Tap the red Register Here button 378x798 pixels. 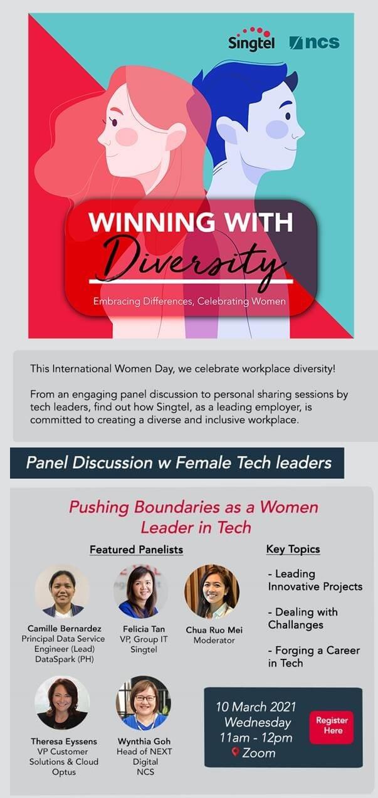coord(332,726)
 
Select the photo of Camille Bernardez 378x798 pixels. coord(61,591)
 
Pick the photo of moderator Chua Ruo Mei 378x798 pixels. coord(211,591)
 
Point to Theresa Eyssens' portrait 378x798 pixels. coord(61,702)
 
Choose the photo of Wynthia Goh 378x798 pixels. coord(142,702)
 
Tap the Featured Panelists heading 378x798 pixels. coord(136,550)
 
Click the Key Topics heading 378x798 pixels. coord(293,549)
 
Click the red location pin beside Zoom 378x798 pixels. coord(235,752)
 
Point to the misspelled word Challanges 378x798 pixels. coord(296,625)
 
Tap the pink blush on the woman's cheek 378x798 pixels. coord(127,136)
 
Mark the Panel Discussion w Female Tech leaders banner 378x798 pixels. coord(177,463)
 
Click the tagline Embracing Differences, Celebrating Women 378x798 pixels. coord(189,302)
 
